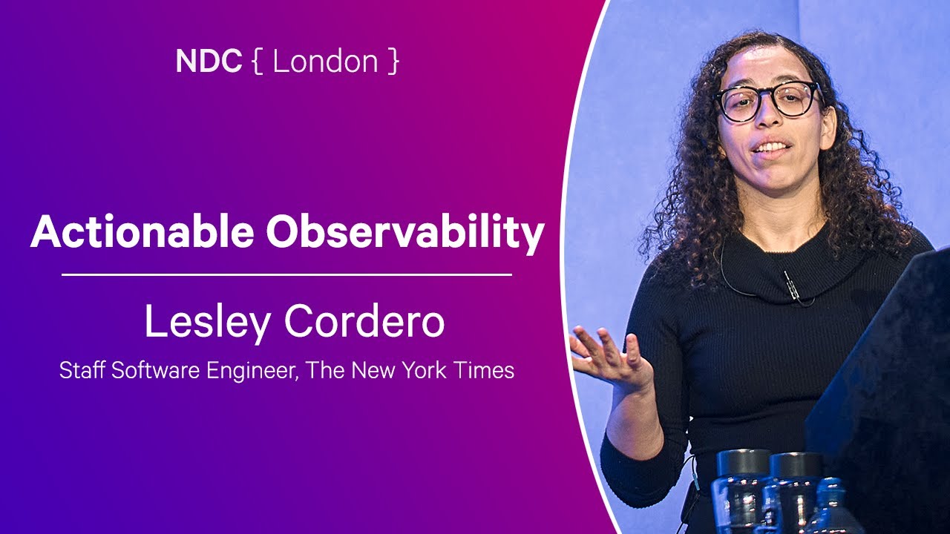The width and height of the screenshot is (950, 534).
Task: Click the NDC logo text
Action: click(209, 61)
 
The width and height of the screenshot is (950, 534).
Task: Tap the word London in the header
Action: click(325, 61)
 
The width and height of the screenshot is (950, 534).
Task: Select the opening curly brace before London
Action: click(257, 62)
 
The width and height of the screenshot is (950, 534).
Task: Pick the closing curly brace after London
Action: click(393, 62)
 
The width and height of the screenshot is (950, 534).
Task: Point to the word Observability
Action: click(405, 233)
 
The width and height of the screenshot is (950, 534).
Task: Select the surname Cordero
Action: click(364, 320)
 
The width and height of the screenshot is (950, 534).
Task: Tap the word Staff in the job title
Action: click(82, 369)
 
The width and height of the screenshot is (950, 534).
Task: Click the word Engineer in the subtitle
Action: click(251, 370)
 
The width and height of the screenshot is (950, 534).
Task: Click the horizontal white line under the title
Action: click(286, 274)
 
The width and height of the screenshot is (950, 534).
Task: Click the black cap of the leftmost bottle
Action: click(743, 462)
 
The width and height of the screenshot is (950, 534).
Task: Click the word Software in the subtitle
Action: click(155, 369)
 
